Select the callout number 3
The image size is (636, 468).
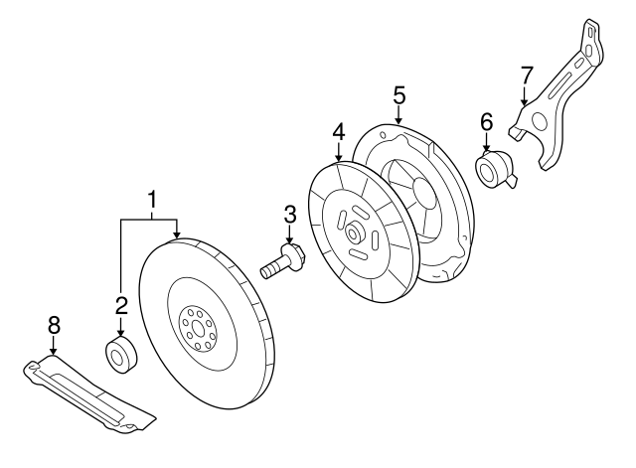click(290, 213)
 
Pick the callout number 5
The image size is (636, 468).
click(398, 95)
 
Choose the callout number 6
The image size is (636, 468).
click(486, 121)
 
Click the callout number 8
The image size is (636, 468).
click(54, 323)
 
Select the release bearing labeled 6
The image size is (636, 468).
click(494, 170)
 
